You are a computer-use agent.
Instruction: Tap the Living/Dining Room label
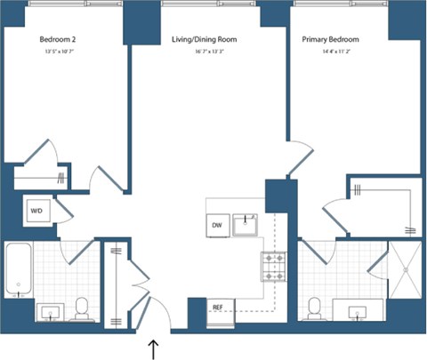204,40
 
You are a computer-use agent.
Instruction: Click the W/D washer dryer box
37,212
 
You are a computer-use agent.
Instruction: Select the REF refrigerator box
216,307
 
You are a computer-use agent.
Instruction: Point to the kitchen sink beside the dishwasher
246,226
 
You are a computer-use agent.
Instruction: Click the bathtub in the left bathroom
18,271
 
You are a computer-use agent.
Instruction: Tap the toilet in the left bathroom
82,308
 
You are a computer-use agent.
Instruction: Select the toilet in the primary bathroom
313,308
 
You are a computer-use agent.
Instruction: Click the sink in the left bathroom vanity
48,312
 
